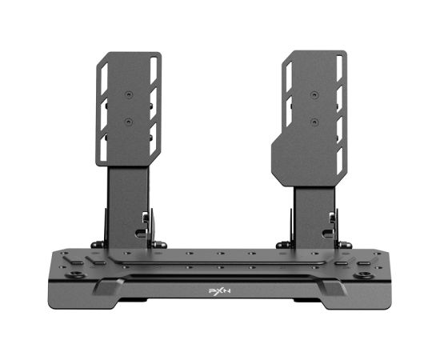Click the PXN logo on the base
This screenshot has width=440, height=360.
tap(220, 291)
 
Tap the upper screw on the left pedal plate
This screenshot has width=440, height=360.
tap(129, 95)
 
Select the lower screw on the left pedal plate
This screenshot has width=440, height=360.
tap(129, 122)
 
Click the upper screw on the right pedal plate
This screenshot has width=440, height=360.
tap(314, 94)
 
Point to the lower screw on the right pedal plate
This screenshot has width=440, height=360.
tap(314, 122)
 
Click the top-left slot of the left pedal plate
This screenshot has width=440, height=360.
tap(104, 79)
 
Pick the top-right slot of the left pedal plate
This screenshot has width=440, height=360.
tap(154, 70)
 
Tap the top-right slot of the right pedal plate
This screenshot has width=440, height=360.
tap(339, 68)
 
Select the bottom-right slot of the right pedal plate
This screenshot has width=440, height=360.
tap(339, 161)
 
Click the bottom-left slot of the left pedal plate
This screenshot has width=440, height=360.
tap(103, 147)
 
